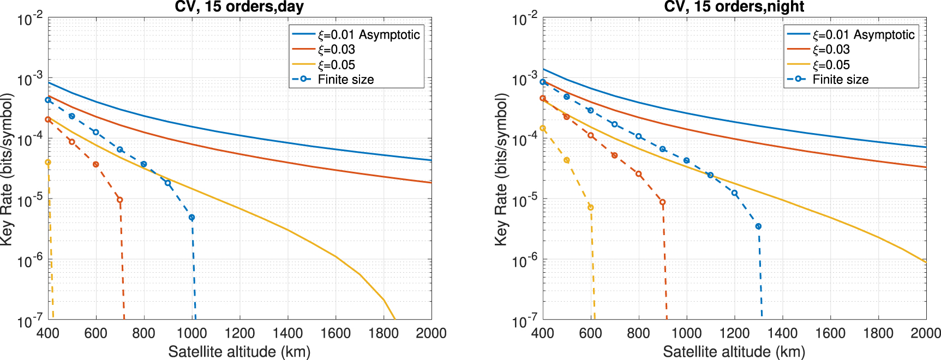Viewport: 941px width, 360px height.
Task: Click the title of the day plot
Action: pyautogui.click(x=239, y=7)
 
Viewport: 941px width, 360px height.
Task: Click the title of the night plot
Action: pyautogui.click(x=734, y=7)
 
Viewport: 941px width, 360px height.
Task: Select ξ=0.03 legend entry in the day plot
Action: pyautogui.click(x=336, y=50)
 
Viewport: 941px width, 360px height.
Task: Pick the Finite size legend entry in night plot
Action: pyautogui.click(x=840, y=80)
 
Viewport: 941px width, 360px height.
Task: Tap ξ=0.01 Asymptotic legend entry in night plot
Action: pyautogui.click(x=863, y=35)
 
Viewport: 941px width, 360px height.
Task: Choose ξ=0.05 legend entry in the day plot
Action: pyautogui.click(x=336, y=65)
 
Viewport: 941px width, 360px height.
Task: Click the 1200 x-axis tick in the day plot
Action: pyautogui.click(x=239, y=333)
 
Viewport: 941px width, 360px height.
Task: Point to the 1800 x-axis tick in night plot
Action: pyautogui.click(x=878, y=333)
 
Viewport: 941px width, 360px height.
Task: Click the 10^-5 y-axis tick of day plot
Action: pyautogui.click(x=30, y=201)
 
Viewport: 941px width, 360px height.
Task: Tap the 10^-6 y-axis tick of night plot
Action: pyautogui.click(x=525, y=261)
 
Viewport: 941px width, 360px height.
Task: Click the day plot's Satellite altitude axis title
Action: pyautogui.click(x=239, y=351)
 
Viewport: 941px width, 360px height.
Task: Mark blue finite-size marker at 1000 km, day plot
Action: pyautogui.click(x=191, y=218)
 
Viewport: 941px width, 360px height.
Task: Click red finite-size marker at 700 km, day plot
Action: pyautogui.click(x=120, y=200)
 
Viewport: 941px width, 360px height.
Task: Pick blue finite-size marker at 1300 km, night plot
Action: pyautogui.click(x=758, y=226)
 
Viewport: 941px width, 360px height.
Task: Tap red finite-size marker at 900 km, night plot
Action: pyautogui.click(x=662, y=202)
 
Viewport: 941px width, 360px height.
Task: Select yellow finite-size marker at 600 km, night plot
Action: pyautogui.click(x=590, y=207)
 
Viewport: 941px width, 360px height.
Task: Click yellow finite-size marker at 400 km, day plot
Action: pyautogui.click(x=48, y=163)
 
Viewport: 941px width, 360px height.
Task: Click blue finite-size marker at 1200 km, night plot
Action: pyautogui.click(x=734, y=193)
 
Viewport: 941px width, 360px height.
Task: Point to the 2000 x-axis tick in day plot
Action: pyautogui.click(x=431, y=333)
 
